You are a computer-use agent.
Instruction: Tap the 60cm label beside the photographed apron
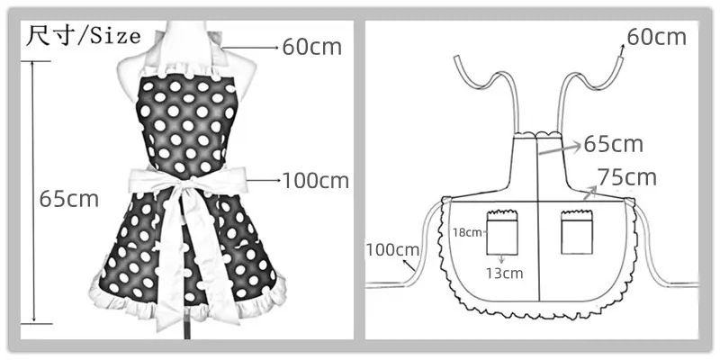point(311,47)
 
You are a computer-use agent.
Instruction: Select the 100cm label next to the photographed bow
point(316,181)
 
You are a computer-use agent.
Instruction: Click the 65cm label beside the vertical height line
point(69,199)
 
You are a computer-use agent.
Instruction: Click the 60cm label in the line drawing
point(657,37)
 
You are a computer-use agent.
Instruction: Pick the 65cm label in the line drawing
point(613,144)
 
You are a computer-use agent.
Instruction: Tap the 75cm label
point(626,177)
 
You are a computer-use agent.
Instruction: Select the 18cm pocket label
point(467,232)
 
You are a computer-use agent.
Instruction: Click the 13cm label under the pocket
point(505,274)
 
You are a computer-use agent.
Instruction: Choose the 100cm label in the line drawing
point(392,250)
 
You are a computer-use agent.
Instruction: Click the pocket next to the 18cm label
point(502,232)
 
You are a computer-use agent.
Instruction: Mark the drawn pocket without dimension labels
point(577,232)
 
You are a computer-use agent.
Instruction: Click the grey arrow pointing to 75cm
point(589,193)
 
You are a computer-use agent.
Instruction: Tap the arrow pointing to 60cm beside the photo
point(250,48)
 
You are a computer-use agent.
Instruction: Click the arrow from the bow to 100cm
point(264,181)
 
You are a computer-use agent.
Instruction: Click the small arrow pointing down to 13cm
point(501,258)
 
